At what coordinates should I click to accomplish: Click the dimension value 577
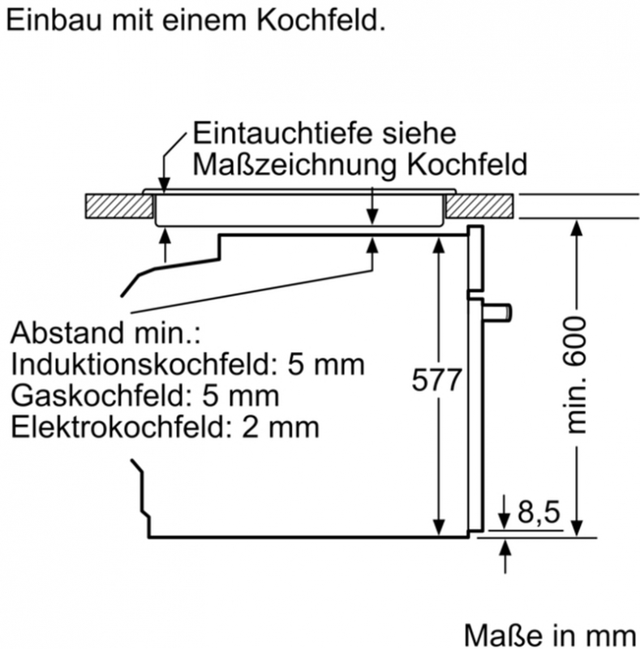pyautogui.click(x=436, y=379)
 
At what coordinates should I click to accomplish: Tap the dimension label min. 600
pyautogui.click(x=576, y=375)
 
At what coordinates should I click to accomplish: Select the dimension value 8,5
pyautogui.click(x=539, y=512)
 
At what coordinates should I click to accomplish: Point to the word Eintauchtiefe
pyautogui.click(x=285, y=133)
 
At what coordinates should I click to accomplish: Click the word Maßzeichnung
pyautogui.click(x=294, y=165)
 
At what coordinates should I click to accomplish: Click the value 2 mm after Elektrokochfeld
pyautogui.click(x=281, y=428)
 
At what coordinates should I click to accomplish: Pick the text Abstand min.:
pyautogui.click(x=105, y=333)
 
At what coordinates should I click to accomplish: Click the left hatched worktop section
pyautogui.click(x=119, y=206)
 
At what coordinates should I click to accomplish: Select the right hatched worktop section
pyautogui.click(x=479, y=206)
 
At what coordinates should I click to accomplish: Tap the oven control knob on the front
pyautogui.click(x=497, y=312)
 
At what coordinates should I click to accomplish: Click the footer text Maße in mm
pyautogui.click(x=550, y=636)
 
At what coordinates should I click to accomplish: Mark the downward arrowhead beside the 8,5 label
pyautogui.click(x=504, y=520)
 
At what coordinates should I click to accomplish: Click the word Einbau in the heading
pyautogui.click(x=54, y=19)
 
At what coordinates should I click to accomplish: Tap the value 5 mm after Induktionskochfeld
pyautogui.click(x=326, y=364)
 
